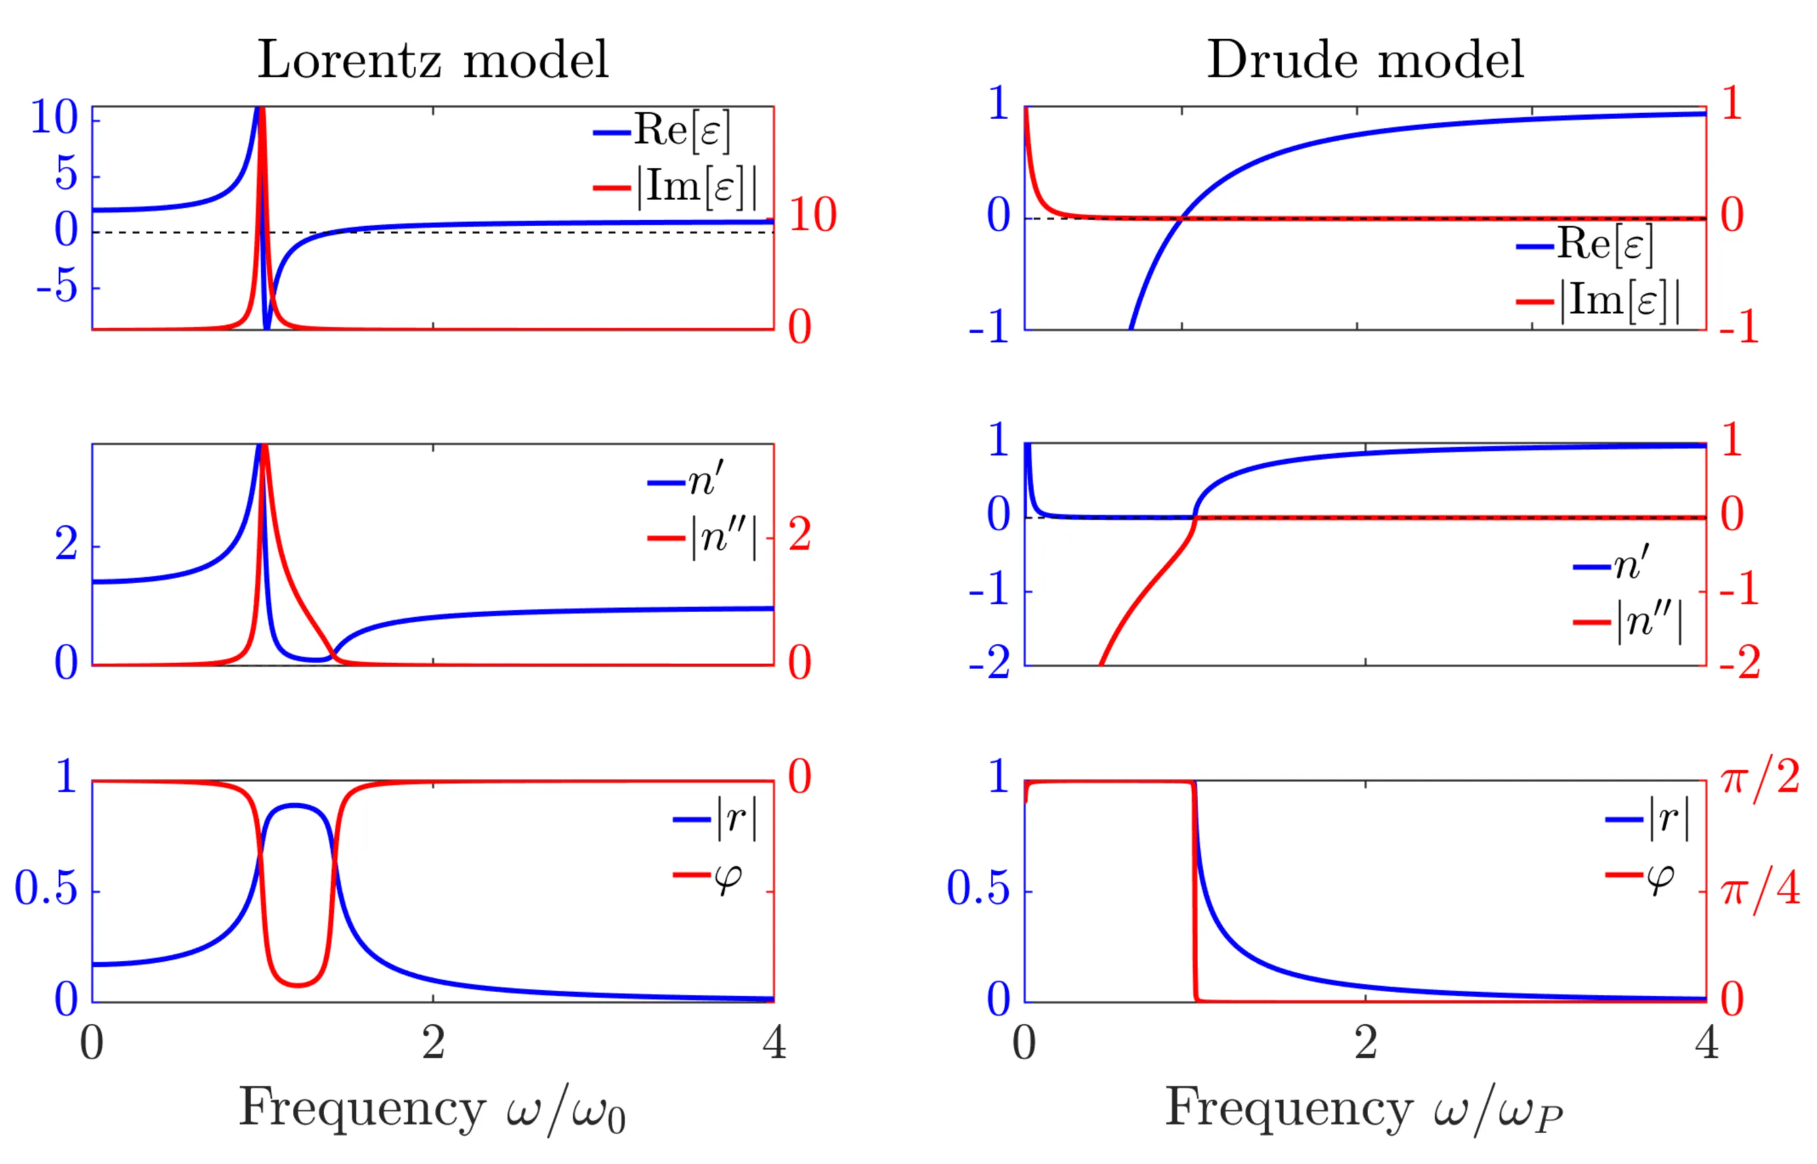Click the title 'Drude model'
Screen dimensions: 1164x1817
(1365, 60)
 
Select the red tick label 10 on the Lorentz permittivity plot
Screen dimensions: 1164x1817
(813, 215)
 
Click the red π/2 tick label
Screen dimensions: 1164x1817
(1759, 779)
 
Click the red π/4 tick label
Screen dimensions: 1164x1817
(1759, 891)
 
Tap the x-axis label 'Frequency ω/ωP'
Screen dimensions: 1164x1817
(1365, 1110)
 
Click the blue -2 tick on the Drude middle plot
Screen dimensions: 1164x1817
(989, 664)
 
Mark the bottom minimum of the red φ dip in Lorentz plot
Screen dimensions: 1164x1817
(298, 986)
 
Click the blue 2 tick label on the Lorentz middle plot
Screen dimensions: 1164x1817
(66, 544)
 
